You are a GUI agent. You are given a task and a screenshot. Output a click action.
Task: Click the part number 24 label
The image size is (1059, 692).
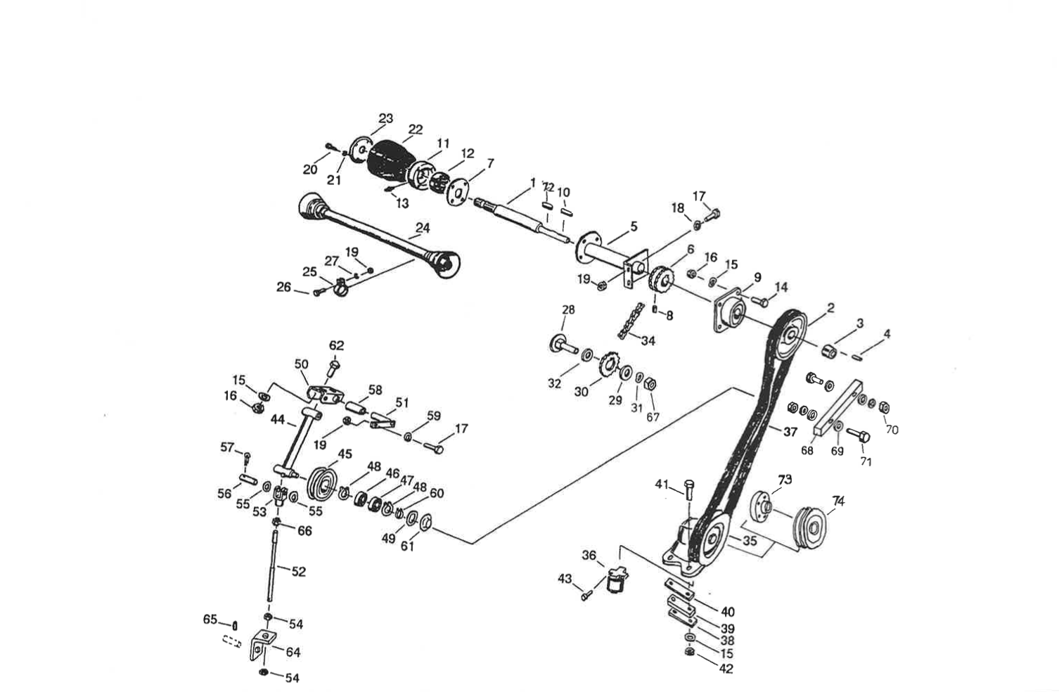click(x=422, y=228)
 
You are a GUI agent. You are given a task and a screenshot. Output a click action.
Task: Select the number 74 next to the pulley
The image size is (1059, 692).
click(x=838, y=501)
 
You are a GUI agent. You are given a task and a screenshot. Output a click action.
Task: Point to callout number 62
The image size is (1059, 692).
click(x=337, y=345)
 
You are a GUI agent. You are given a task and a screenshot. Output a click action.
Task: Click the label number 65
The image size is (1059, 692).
click(x=210, y=619)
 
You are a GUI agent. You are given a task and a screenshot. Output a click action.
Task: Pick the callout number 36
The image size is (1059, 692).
click(x=589, y=555)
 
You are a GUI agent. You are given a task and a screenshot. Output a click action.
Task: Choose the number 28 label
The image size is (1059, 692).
click(x=568, y=309)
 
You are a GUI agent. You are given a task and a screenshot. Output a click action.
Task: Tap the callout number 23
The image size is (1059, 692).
click(x=386, y=118)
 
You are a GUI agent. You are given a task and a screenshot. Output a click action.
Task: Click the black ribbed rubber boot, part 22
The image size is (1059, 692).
click(x=392, y=162)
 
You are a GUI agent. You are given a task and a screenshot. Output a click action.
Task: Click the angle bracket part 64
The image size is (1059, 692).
click(x=261, y=646)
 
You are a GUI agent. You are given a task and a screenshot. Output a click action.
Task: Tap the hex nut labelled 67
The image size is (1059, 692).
click(x=651, y=384)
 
